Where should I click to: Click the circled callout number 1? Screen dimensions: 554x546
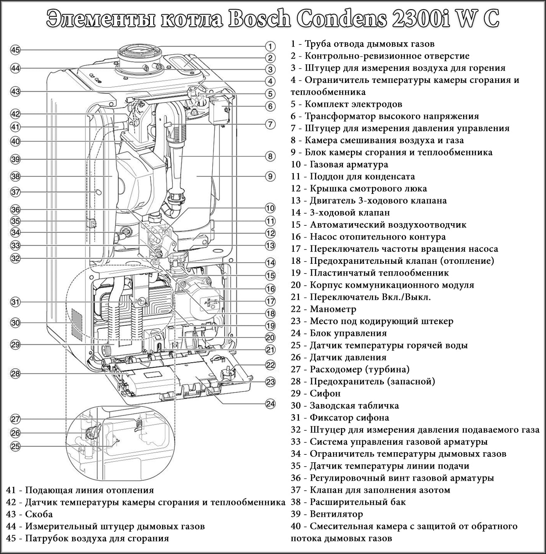point(270,46)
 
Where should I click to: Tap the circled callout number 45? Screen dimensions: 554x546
point(15,50)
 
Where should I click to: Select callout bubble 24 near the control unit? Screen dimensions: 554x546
point(270,404)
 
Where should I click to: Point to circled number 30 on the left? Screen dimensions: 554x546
point(15,323)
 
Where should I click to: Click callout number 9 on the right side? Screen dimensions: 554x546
point(270,176)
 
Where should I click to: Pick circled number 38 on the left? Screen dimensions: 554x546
point(15,176)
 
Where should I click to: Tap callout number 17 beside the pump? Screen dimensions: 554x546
point(270,301)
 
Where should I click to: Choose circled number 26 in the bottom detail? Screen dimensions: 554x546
point(15,433)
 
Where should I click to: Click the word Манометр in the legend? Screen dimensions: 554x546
point(333,309)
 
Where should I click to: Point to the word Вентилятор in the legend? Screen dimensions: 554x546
point(336,514)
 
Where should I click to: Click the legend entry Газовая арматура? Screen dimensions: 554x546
point(349,165)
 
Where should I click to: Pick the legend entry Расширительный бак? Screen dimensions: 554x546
point(358,502)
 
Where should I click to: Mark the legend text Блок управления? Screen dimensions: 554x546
point(348,334)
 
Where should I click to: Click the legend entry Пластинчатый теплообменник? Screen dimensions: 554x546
point(379,273)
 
